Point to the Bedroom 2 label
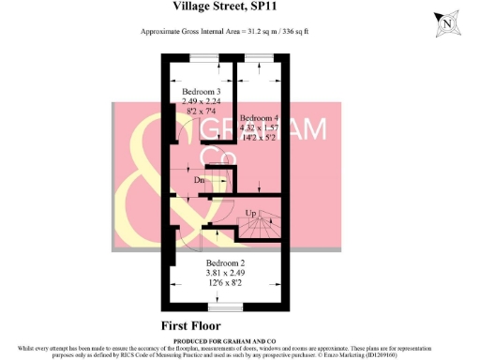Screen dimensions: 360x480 click(225, 262)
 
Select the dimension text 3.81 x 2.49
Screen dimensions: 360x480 click(225, 273)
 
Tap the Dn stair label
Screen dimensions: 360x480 click(199, 178)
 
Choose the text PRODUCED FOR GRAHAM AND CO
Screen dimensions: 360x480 click(231, 340)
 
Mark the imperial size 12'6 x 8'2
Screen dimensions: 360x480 click(225, 283)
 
